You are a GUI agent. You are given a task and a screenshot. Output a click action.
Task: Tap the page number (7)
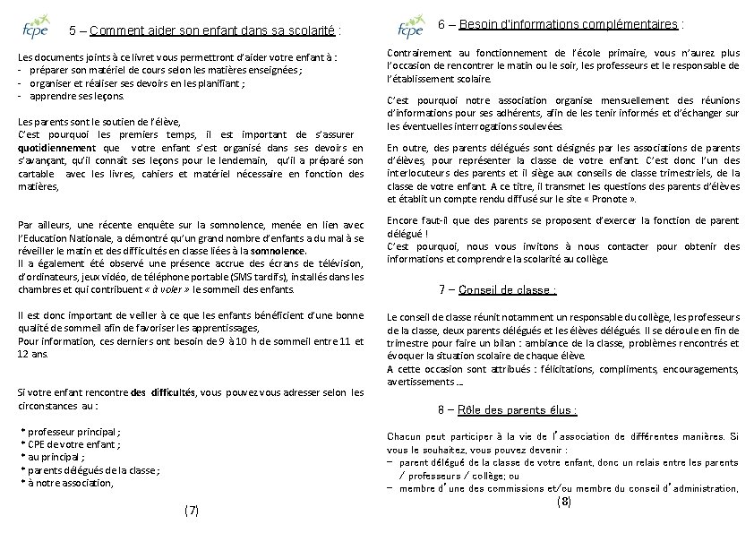pyautogui.click(x=191, y=511)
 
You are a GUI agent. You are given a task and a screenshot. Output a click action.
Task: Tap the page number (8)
pyautogui.click(x=563, y=503)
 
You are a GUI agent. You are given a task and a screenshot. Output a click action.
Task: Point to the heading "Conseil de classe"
pyautogui.click(x=508, y=289)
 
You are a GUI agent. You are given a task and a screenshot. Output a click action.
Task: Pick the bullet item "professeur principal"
pyautogui.click(x=72, y=431)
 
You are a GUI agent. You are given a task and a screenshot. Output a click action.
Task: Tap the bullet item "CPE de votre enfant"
pyautogui.click(x=70, y=443)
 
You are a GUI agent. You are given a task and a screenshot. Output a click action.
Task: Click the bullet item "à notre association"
pyautogui.click(x=69, y=483)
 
